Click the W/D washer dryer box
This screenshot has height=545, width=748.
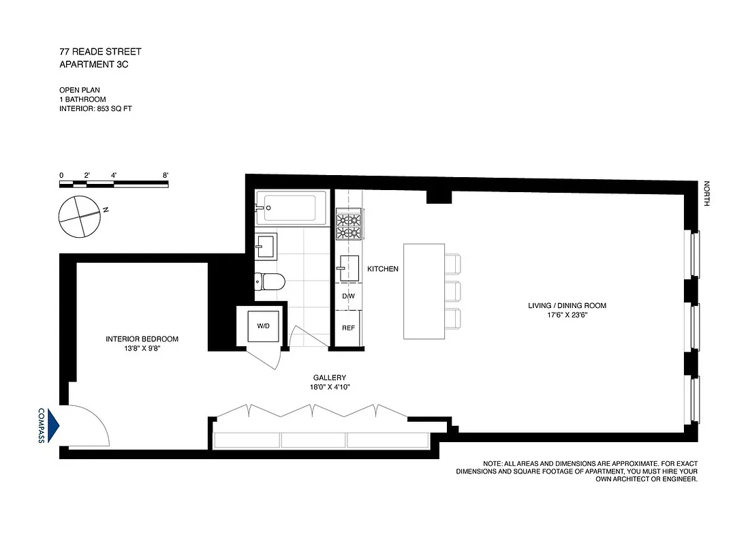(263, 326)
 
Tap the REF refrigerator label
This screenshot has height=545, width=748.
(348, 328)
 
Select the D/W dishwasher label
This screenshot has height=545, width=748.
(348, 296)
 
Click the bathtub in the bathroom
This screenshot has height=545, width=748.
(291, 206)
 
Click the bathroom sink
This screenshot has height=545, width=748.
(267, 246)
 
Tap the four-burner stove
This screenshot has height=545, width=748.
(349, 226)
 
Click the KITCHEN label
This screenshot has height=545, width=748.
(383, 269)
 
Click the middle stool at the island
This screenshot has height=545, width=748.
(453, 291)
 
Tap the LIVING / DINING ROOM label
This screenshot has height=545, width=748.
(567, 306)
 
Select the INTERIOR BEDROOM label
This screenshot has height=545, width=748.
(142, 339)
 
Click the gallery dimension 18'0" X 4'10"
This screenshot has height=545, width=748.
(330, 387)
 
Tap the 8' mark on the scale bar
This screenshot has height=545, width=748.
(166, 175)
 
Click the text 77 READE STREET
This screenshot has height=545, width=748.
(100, 52)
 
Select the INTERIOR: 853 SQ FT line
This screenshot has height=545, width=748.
(95, 108)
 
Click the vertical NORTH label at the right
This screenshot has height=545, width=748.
(707, 195)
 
